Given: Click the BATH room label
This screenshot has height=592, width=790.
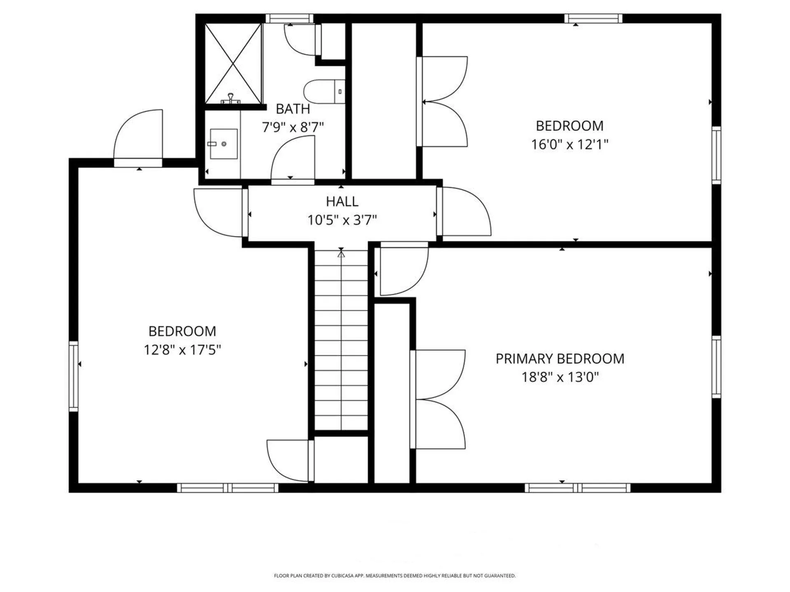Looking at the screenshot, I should click(293, 109).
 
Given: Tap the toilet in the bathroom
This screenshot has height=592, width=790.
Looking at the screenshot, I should click(323, 92).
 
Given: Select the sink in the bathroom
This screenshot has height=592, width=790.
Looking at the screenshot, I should click(223, 144).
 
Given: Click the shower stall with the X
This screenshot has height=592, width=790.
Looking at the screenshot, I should click(233, 64).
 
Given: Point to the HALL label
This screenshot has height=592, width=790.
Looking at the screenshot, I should click(342, 201).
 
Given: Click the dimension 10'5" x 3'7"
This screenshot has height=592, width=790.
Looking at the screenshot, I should click(342, 220).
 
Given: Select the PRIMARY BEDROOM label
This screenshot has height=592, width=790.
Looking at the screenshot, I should click(560, 359).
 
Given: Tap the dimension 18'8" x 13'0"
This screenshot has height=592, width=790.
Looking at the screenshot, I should click(560, 377).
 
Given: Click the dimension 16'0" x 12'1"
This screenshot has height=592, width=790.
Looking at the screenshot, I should click(569, 145).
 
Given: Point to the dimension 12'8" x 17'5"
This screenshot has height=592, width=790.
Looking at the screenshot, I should click(182, 350).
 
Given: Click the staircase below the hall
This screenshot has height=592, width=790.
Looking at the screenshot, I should click(341, 341).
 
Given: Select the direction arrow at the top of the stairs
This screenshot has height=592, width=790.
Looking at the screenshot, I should click(341, 254).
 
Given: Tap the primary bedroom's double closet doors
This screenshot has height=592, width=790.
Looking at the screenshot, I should click(438, 399).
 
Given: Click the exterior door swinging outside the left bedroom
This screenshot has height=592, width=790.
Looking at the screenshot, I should click(139, 136).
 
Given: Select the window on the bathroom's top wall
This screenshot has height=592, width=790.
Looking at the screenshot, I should click(289, 18).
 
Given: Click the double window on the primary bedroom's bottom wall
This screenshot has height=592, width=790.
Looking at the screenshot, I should click(577, 488).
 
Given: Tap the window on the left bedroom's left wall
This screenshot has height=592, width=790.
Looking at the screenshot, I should click(74, 376).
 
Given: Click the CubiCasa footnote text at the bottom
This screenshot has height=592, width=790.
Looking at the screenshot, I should click(395, 576).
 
